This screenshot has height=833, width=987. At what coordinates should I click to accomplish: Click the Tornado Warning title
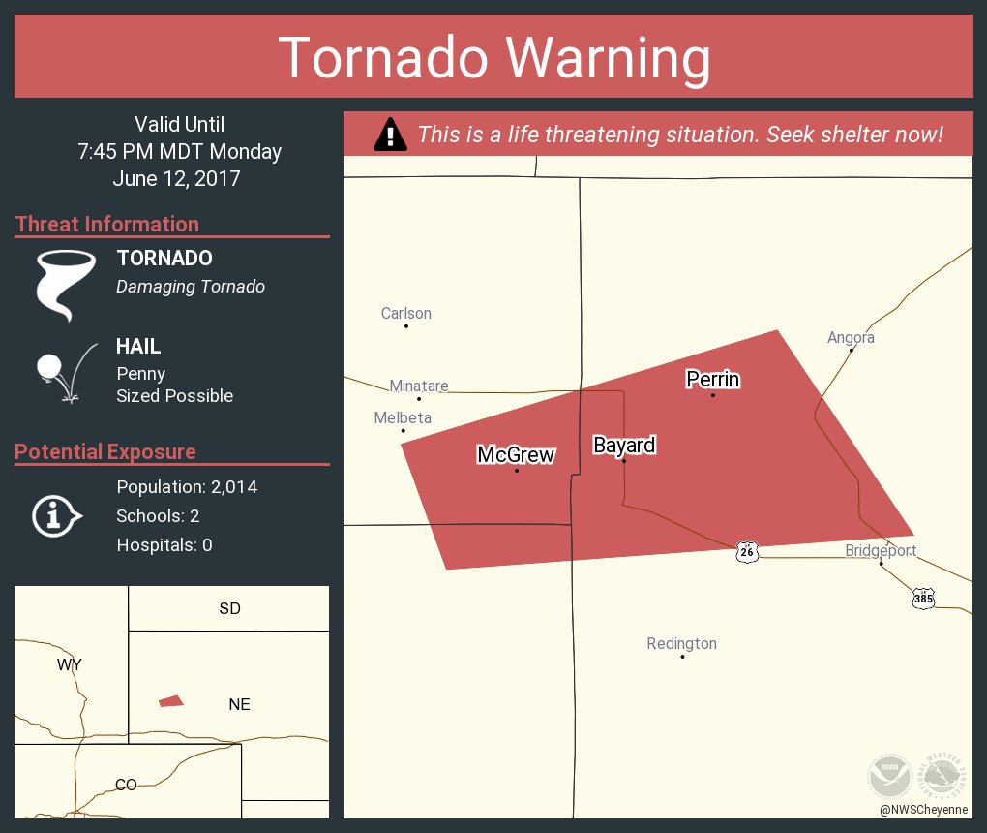(493, 58)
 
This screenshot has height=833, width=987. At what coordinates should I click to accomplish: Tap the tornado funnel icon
(65, 284)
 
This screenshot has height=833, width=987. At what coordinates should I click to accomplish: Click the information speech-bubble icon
(56, 515)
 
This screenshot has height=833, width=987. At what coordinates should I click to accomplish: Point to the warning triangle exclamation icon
(389, 134)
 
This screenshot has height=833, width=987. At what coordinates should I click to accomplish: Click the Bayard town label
(624, 446)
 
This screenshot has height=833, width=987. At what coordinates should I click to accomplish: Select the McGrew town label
(516, 454)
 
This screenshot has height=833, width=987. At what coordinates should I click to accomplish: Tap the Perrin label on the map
(713, 379)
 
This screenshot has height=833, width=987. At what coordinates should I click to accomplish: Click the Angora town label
(851, 337)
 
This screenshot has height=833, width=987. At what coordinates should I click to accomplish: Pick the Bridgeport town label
(881, 551)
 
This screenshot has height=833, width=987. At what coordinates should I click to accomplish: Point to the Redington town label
(682, 643)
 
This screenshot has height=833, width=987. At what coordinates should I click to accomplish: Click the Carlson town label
(406, 313)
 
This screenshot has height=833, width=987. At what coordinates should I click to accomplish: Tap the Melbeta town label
(403, 417)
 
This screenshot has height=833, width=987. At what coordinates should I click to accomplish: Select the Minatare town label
(419, 386)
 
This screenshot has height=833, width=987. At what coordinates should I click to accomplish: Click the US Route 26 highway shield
(747, 552)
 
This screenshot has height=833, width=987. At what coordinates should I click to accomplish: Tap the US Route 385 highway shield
(923, 599)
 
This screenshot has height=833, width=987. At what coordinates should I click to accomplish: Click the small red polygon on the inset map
(171, 700)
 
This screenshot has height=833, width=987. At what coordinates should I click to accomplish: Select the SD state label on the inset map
(229, 608)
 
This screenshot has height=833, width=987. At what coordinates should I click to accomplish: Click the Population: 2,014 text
(187, 487)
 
